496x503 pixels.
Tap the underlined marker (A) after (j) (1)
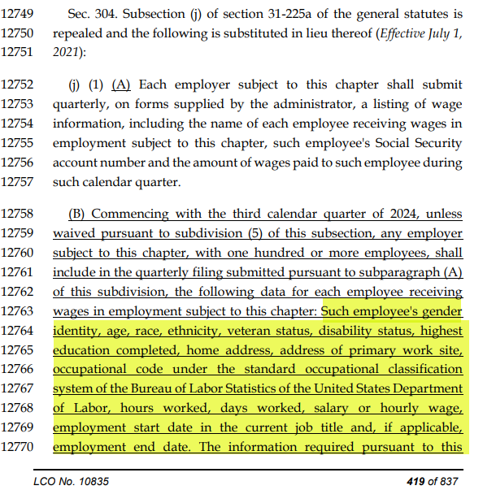[x=121, y=85]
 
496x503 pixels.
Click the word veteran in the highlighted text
[x=259, y=331]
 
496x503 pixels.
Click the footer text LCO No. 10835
[x=72, y=482]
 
